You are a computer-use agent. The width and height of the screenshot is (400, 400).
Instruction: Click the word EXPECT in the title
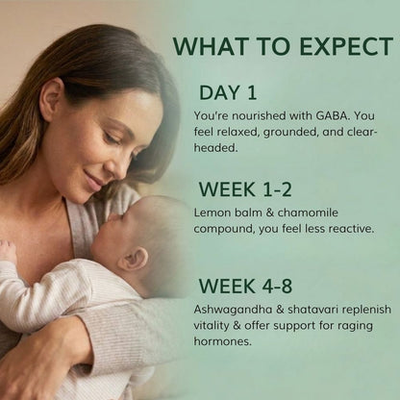346,47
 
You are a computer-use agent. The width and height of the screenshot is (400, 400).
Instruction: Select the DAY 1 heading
228,92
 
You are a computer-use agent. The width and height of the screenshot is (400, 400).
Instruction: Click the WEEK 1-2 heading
245,189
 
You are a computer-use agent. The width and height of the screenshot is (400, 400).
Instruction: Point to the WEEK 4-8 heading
245,286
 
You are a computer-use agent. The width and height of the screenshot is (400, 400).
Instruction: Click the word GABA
332,115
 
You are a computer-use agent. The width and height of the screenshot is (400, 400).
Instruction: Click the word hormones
223,341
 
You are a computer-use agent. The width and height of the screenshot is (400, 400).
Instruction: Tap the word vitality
212,326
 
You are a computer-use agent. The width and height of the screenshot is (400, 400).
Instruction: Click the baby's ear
133,259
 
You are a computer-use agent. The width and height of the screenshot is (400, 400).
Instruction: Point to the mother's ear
51,98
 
